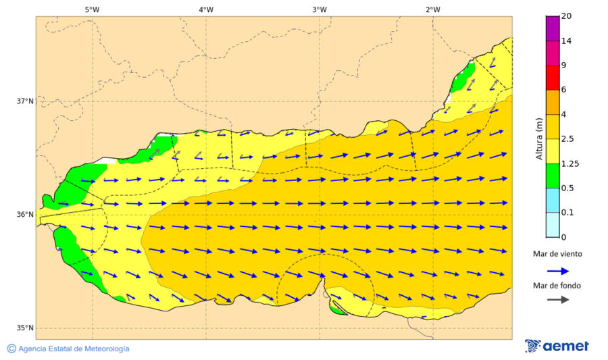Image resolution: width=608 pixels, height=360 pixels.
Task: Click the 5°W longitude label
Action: [93, 9]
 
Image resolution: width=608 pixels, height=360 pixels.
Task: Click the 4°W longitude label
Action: [206, 9]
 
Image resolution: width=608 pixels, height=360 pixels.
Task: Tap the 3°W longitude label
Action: [320, 9]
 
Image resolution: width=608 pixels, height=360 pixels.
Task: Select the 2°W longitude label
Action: [433, 9]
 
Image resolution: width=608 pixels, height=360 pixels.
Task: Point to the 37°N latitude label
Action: [25, 101]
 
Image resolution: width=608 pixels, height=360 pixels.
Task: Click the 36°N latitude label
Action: [25, 215]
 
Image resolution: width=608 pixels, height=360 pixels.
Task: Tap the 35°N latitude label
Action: [25, 328]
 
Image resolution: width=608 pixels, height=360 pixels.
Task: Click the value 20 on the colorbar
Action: [566, 16]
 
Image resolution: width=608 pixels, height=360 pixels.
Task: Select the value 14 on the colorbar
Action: [566, 41]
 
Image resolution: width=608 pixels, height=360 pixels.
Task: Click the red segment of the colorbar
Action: [552, 78]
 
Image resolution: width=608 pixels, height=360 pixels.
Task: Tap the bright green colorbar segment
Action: [552, 176]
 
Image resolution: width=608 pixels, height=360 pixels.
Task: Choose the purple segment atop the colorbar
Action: [552, 28]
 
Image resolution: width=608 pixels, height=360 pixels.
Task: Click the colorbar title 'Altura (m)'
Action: [539, 138]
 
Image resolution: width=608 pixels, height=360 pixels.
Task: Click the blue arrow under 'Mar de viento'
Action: [557, 271]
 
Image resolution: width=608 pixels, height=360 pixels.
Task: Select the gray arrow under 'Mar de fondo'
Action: [557, 300]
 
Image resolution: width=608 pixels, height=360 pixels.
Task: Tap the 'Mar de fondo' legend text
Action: [557, 286]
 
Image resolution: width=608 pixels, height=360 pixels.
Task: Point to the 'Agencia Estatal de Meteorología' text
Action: [73, 349]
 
